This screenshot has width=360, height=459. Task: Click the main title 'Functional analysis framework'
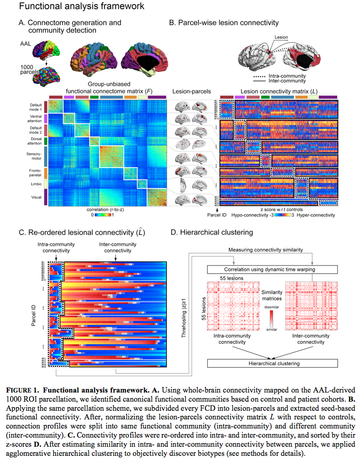coord(76,6)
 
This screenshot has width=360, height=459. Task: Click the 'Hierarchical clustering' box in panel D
coord(273,363)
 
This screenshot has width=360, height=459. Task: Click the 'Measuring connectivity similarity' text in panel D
coord(273,251)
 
